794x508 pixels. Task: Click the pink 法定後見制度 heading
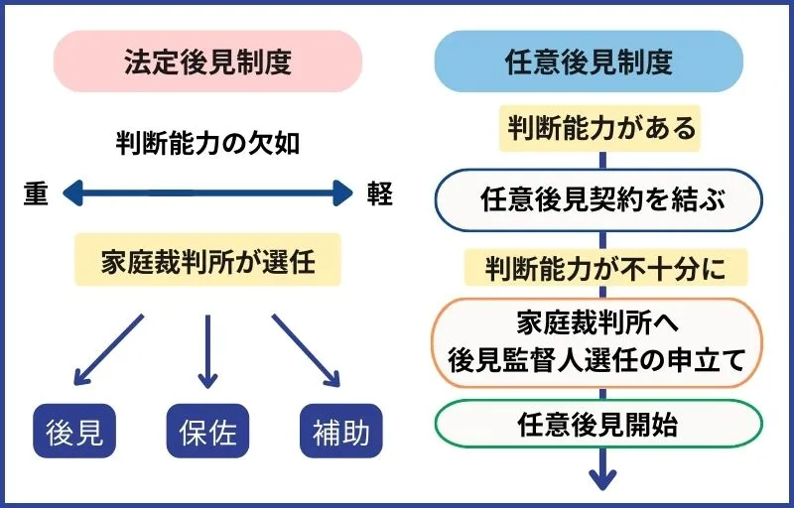[207, 62]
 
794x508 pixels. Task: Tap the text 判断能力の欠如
[207, 144]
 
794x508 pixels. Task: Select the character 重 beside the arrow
[36, 193]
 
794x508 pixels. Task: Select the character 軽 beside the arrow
[378, 193]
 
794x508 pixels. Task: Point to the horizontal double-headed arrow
[207, 192]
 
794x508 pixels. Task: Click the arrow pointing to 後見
[108, 349]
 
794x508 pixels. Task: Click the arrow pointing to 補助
[306, 349]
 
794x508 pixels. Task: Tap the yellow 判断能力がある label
[598, 128]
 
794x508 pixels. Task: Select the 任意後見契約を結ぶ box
[598, 199]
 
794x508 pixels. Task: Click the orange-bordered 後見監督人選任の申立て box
[598, 343]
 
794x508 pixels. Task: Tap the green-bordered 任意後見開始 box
[598, 426]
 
